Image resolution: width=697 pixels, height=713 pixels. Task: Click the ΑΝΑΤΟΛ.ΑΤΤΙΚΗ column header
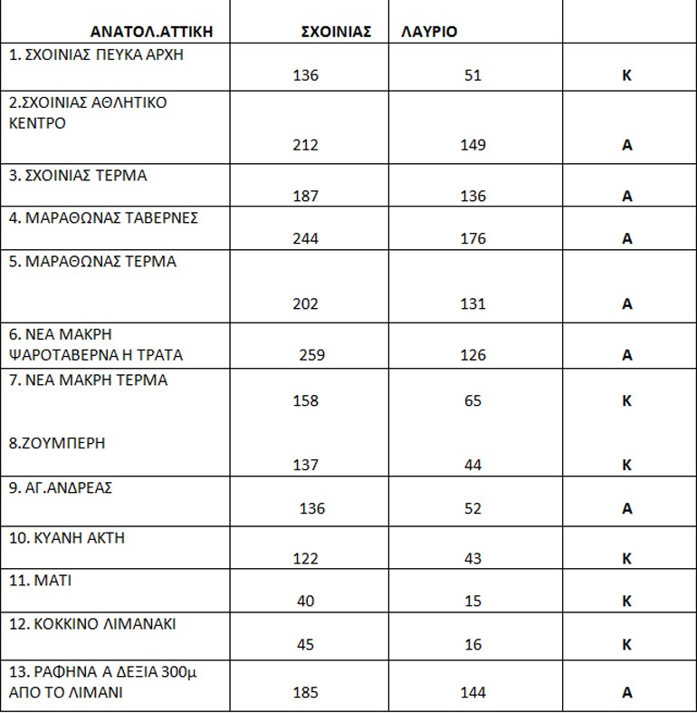[x=151, y=31]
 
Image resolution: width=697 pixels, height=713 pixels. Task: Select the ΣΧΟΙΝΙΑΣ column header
[x=336, y=31]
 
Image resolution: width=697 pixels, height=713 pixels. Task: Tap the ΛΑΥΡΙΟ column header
[x=429, y=31]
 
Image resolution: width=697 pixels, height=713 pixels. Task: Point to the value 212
[x=306, y=145]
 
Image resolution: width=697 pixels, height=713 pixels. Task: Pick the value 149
[x=473, y=145]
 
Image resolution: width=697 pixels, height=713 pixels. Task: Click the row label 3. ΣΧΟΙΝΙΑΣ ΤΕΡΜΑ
[x=78, y=176]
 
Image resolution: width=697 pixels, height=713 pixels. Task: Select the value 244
[x=306, y=239]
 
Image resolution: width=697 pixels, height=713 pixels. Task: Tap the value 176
[x=473, y=239]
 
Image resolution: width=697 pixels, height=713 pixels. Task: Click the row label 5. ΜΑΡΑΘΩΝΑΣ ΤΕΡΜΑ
[x=92, y=262]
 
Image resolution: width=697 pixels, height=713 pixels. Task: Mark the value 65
[x=473, y=400]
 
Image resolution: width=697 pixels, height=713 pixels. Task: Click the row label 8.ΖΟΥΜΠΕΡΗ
[x=57, y=444]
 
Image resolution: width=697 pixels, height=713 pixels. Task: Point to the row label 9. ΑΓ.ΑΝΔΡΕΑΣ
[x=60, y=488]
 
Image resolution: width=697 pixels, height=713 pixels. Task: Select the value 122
[x=306, y=559]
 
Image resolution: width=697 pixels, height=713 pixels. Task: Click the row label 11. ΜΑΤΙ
[x=40, y=581]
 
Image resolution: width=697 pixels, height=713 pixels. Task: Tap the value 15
[x=473, y=602]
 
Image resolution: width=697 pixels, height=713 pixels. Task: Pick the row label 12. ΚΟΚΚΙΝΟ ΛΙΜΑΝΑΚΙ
[x=92, y=624]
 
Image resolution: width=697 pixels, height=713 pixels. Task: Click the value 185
[x=306, y=693]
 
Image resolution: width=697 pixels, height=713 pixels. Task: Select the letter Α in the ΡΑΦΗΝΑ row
[x=626, y=693]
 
